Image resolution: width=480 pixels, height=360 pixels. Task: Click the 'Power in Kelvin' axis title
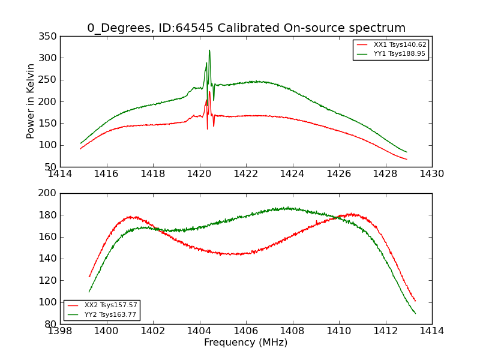click(x=31, y=101)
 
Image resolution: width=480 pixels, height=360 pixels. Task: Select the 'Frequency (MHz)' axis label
click(x=246, y=343)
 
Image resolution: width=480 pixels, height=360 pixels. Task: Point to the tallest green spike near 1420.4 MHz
click(x=209, y=50)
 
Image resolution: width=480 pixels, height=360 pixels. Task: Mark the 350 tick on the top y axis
click(x=50, y=37)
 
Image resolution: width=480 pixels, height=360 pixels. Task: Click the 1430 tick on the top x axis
click(x=432, y=174)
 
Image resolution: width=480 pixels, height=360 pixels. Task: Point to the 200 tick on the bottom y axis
click(x=50, y=193)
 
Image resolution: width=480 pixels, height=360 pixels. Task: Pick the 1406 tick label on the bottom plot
click(x=246, y=331)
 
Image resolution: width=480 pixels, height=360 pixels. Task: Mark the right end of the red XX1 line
click(x=407, y=159)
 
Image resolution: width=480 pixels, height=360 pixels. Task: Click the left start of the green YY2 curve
click(x=89, y=292)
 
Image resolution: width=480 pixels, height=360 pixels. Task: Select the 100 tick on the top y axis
click(x=50, y=145)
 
